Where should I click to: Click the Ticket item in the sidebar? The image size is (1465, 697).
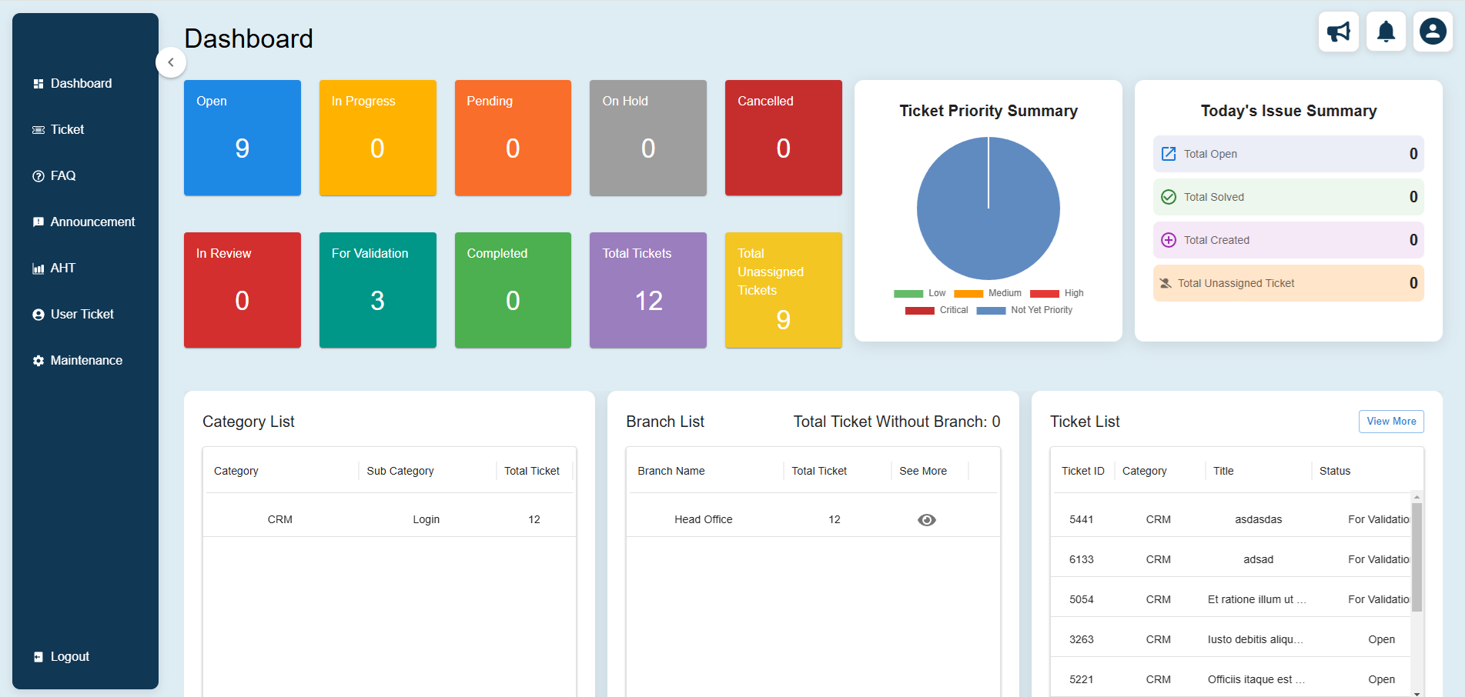pos(67,129)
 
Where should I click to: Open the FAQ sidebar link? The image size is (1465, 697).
pos(62,175)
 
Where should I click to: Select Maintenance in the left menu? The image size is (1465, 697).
pos(85,360)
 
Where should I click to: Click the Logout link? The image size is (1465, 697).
pos(69,656)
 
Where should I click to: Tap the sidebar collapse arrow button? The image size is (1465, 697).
pos(171,62)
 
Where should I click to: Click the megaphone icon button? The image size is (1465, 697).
pos(1338,32)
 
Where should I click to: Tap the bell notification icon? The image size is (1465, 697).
pos(1386,32)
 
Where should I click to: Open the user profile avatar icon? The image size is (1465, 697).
pos(1433,32)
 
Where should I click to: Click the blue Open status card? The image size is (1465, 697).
pos(242,138)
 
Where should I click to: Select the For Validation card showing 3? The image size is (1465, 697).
pos(377,290)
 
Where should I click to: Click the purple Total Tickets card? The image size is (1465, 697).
pos(647,290)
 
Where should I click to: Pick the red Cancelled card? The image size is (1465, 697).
pos(783,138)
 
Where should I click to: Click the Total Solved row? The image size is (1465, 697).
pos(1288,197)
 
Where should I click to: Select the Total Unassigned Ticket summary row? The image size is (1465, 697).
pos(1288,283)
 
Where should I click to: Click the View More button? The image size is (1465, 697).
pos(1390,422)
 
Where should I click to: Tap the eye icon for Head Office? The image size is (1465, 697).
pos(926,520)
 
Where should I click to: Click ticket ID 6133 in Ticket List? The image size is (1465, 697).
pos(1081,559)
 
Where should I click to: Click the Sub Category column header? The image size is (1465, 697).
pos(400,471)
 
